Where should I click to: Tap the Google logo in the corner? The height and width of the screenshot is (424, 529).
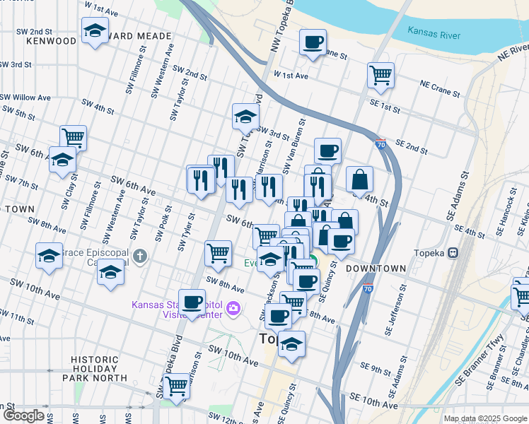23,416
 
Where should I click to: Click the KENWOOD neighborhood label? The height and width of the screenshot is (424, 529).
50,41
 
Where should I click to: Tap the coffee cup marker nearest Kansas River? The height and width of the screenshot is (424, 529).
313,42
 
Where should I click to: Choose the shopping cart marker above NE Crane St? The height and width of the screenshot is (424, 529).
380,74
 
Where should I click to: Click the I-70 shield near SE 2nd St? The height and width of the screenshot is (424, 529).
380,143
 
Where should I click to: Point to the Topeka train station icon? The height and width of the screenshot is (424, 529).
454,252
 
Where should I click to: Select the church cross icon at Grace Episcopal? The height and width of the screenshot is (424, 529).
140,255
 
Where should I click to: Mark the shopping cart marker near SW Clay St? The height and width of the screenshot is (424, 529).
72,137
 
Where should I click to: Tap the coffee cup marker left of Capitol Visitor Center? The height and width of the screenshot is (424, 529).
192,302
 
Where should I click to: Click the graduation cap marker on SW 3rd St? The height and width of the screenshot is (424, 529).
245,117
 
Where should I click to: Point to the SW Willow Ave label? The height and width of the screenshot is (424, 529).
26,98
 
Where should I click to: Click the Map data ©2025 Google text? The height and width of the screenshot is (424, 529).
484,418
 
